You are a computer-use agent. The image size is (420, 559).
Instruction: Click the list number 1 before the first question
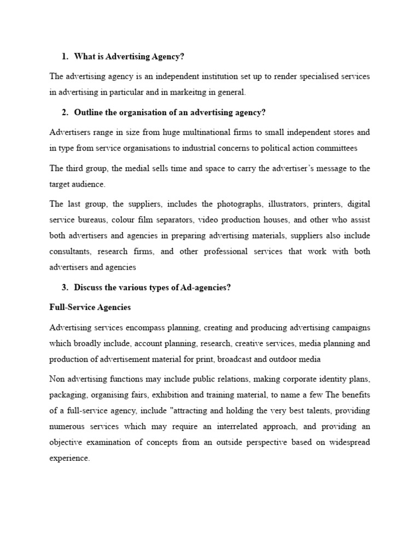pos(65,56)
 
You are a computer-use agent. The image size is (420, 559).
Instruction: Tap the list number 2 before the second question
pos(65,112)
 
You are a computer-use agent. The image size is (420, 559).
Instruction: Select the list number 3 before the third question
pos(65,288)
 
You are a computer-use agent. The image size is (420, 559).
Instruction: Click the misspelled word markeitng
pos(193,92)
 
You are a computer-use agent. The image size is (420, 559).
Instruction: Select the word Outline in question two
pos(87,112)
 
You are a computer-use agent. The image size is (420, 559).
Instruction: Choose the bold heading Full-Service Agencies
pos(90,307)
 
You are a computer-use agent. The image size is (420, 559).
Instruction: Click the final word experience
pos(69,459)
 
